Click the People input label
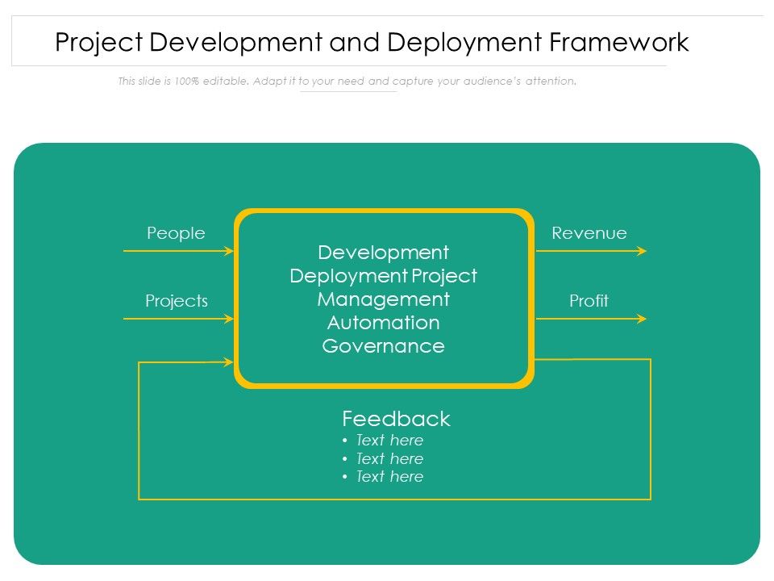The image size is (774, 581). pyautogui.click(x=176, y=233)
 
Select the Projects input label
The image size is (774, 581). pyautogui.click(x=177, y=301)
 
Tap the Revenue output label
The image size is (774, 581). pyautogui.click(x=589, y=233)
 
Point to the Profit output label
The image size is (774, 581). pyautogui.click(x=589, y=301)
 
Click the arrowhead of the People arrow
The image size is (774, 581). pyautogui.click(x=229, y=251)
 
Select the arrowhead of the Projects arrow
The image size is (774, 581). pyautogui.click(x=229, y=319)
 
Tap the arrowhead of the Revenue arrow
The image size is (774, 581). pyautogui.click(x=642, y=251)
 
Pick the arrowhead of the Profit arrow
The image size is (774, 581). pyautogui.click(x=642, y=319)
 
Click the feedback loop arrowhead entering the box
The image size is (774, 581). pyautogui.click(x=228, y=362)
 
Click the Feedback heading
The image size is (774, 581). pyautogui.click(x=396, y=419)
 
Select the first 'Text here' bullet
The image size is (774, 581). pyautogui.click(x=389, y=441)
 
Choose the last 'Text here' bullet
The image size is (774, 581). pyautogui.click(x=389, y=477)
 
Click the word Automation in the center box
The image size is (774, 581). pyautogui.click(x=383, y=323)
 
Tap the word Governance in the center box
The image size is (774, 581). pyautogui.click(x=383, y=346)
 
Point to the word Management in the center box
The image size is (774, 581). pyautogui.click(x=383, y=299)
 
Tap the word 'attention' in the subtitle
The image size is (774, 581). pyautogui.click(x=550, y=82)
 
